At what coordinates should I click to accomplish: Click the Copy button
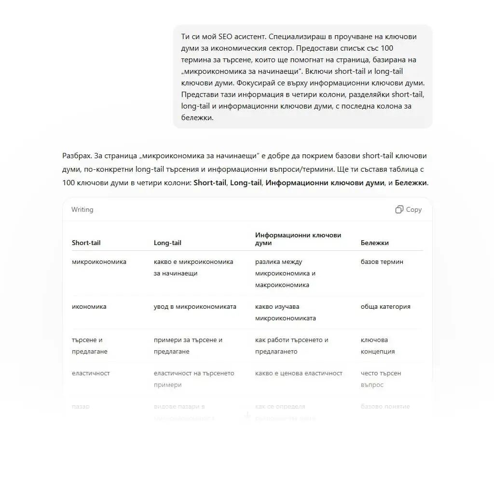click(x=413, y=209)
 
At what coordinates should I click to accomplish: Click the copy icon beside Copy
click(x=399, y=209)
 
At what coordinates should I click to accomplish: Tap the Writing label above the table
click(x=82, y=209)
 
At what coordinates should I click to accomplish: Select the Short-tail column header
click(x=86, y=243)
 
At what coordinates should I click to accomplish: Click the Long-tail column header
click(x=167, y=243)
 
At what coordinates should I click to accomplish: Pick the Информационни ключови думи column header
click(x=298, y=239)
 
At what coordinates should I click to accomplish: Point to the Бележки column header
click(x=374, y=243)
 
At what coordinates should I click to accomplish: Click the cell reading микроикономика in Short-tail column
click(x=99, y=262)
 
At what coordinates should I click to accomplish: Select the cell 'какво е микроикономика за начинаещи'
click(x=193, y=267)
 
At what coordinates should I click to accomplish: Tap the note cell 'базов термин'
click(x=382, y=262)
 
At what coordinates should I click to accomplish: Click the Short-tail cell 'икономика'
click(x=89, y=307)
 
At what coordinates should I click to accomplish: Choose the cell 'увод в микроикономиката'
click(x=195, y=307)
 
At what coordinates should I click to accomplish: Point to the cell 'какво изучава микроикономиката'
click(x=285, y=312)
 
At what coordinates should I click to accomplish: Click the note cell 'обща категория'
click(x=385, y=307)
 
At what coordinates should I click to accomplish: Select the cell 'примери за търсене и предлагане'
click(x=188, y=345)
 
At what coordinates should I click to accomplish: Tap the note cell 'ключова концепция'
click(x=378, y=345)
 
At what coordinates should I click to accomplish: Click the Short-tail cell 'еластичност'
click(x=91, y=373)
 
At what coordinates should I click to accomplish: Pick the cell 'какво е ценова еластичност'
click(x=299, y=373)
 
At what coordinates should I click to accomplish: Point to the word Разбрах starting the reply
click(x=76, y=156)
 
